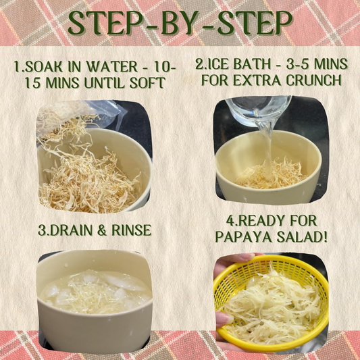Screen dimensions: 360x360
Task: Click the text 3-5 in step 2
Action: click(x=298, y=63)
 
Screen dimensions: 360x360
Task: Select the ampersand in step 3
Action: click(x=102, y=230)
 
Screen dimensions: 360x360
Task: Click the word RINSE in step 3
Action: click(x=131, y=230)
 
